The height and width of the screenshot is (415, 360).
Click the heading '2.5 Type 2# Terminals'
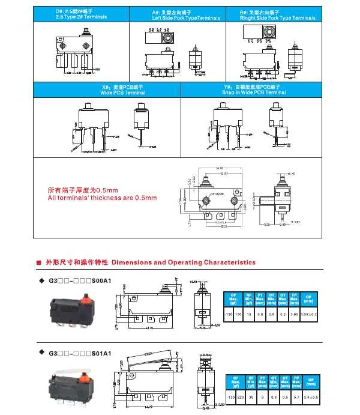81,17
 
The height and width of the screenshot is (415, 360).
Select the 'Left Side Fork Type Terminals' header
178,18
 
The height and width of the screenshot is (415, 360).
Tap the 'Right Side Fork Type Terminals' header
277,18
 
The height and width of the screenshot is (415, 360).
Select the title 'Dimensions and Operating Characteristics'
184,262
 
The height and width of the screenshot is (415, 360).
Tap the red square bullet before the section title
39,262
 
